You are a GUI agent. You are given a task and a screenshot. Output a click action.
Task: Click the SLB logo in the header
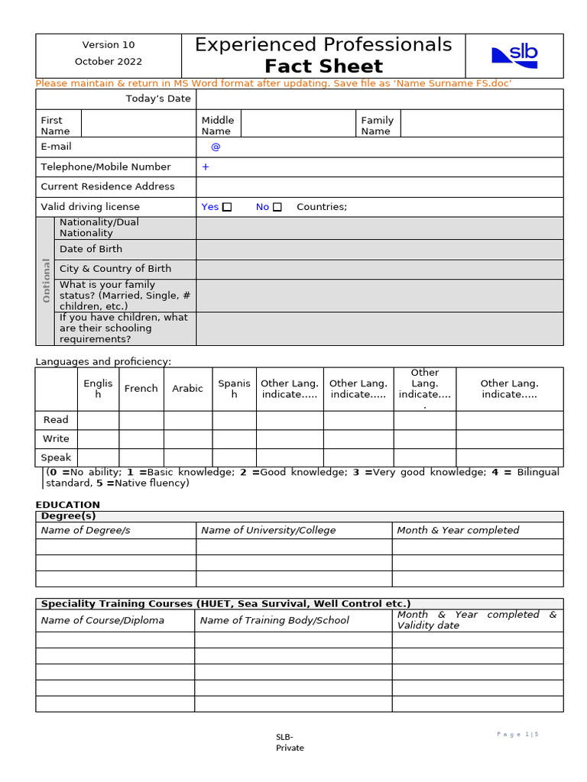pyautogui.click(x=514, y=54)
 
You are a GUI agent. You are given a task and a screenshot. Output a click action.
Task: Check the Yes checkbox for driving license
pyautogui.click(x=227, y=207)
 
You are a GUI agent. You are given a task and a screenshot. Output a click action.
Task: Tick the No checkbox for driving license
pyautogui.click(x=277, y=207)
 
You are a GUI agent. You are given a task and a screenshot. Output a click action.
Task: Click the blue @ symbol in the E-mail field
pyautogui.click(x=216, y=147)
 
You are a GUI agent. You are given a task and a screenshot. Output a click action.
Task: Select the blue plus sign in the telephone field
pyautogui.click(x=206, y=166)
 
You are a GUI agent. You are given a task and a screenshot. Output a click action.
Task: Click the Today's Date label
pyautogui.click(x=158, y=99)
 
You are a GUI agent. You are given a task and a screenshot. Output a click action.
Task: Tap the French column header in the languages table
pyautogui.click(x=141, y=389)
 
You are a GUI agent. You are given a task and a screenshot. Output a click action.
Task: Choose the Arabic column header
pyautogui.click(x=187, y=389)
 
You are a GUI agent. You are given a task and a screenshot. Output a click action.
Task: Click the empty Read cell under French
pyautogui.click(x=141, y=420)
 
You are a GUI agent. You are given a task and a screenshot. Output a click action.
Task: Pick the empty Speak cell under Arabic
pyautogui.click(x=187, y=457)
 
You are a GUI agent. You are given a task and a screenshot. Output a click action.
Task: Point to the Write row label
pyautogui.click(x=56, y=439)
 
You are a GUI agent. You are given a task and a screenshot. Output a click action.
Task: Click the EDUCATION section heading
pyautogui.click(x=68, y=505)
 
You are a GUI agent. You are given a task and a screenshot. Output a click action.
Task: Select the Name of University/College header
pyautogui.click(x=268, y=530)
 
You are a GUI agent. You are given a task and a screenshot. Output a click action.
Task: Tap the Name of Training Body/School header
pyautogui.click(x=274, y=620)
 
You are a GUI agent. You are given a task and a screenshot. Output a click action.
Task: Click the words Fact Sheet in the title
pyautogui.click(x=323, y=66)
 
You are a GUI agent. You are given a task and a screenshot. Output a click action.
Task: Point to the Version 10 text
pyautogui.click(x=109, y=45)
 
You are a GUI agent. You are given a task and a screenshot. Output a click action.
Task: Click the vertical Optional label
pyautogui.click(x=46, y=280)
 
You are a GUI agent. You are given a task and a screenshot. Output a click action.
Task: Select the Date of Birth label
pyautogui.click(x=91, y=249)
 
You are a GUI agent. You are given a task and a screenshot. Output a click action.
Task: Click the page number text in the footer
pyautogui.click(x=517, y=734)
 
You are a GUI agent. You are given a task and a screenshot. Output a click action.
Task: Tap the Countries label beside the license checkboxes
pyautogui.click(x=321, y=207)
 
